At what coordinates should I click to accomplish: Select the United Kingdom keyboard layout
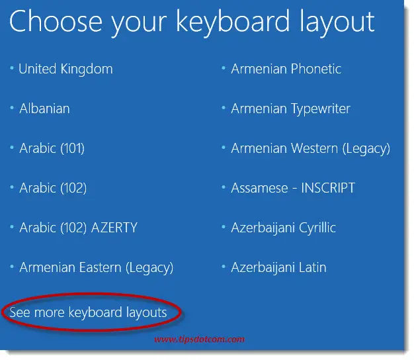tap(65, 69)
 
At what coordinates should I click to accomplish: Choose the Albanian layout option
tap(44, 109)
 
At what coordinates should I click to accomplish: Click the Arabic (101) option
tap(52, 148)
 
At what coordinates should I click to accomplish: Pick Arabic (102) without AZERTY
tap(53, 188)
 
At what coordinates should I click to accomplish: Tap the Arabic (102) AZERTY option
tap(79, 228)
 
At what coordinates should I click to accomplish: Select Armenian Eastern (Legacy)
tap(97, 267)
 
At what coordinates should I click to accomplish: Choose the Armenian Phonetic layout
tap(286, 69)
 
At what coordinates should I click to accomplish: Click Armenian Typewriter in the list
tap(291, 109)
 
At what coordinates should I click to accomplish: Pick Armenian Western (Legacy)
tap(311, 148)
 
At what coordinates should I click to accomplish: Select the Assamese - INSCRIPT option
tap(293, 188)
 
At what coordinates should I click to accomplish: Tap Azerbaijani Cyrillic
tap(283, 228)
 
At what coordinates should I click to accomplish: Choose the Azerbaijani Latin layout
tap(278, 267)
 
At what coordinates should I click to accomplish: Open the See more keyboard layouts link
tap(88, 312)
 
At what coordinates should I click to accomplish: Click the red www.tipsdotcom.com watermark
tap(199, 339)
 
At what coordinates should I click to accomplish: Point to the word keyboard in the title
tap(233, 22)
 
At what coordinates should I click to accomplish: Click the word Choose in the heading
tap(56, 21)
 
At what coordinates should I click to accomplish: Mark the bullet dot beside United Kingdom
tap(12, 68)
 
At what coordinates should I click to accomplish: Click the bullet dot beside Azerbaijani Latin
tap(224, 267)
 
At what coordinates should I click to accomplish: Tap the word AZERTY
tap(114, 228)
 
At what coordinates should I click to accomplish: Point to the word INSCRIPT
tap(328, 188)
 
